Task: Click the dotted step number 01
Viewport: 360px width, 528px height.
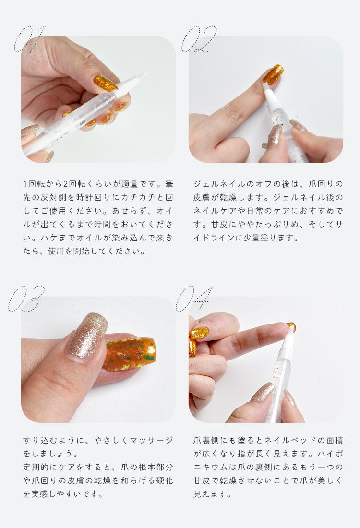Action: click(x=30, y=39)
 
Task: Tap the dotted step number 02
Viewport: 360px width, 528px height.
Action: click(x=199, y=39)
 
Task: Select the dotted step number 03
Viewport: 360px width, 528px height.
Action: click(x=26, y=299)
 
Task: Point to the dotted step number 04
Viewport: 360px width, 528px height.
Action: click(x=194, y=299)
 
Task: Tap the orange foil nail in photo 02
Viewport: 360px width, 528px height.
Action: click(x=273, y=74)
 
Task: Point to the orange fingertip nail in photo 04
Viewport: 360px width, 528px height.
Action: click(x=291, y=326)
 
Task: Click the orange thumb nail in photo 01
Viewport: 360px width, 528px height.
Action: click(x=105, y=83)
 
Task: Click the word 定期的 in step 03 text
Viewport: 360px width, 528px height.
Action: click(x=36, y=467)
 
